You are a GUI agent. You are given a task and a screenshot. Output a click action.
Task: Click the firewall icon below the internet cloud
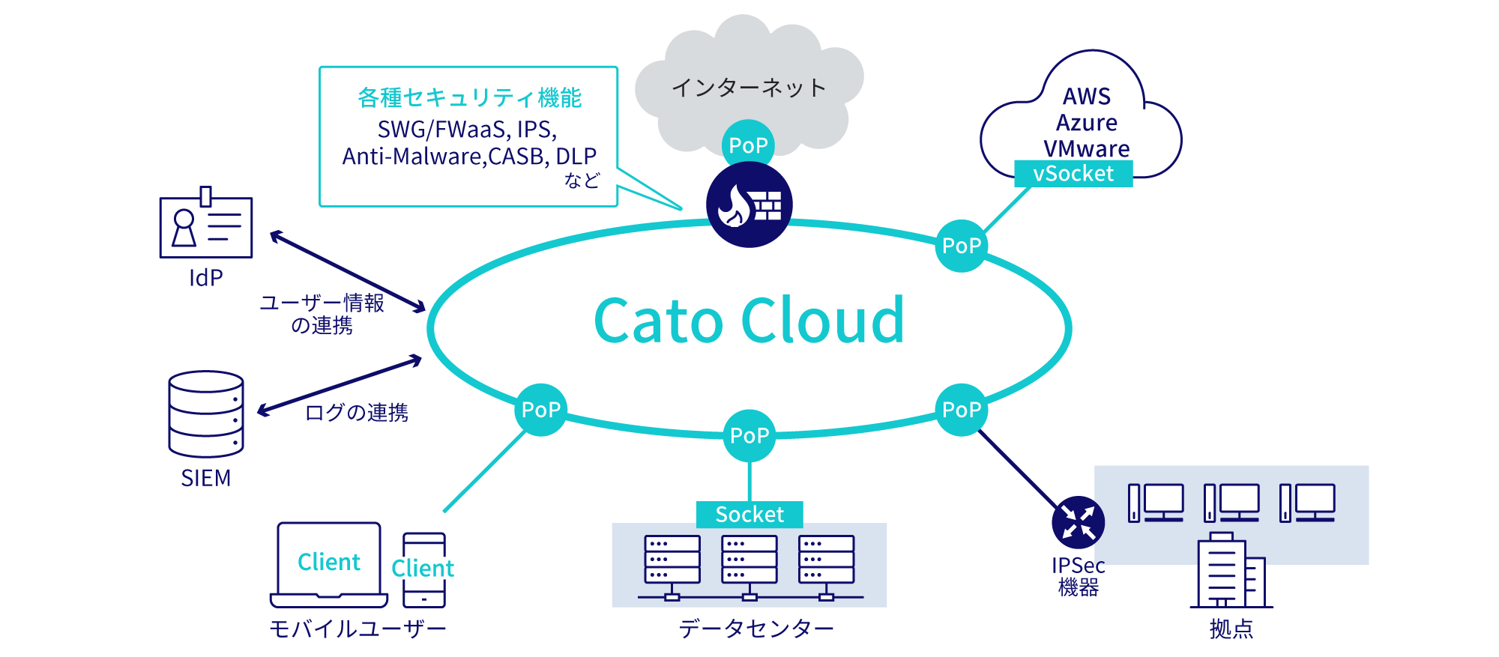click(749, 205)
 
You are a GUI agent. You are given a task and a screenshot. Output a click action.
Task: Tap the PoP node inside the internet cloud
click(748, 145)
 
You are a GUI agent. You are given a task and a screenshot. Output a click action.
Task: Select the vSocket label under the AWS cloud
click(1073, 174)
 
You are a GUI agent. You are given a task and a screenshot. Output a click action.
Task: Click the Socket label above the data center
click(749, 515)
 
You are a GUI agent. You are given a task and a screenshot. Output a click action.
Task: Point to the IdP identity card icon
click(206, 226)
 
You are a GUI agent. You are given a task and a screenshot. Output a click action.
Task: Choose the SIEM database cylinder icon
click(206, 414)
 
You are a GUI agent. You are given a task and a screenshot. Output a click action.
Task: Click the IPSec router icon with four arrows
click(1078, 522)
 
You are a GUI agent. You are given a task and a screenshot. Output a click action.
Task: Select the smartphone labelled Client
click(424, 569)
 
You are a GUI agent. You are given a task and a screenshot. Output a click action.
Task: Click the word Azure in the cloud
click(1087, 123)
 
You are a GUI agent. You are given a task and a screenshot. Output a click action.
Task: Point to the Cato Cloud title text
click(749, 321)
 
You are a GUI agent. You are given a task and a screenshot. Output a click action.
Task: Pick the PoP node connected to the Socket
click(749, 435)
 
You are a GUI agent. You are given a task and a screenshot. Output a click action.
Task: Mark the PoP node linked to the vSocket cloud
click(962, 246)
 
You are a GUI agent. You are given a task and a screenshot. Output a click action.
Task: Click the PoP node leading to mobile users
click(541, 410)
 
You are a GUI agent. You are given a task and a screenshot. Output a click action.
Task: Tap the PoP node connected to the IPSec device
click(962, 410)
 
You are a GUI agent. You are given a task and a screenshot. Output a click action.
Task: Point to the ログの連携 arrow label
click(357, 413)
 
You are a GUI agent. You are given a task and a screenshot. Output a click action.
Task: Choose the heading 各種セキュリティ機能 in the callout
click(470, 98)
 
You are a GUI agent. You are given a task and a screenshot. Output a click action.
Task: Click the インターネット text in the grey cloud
click(749, 88)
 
